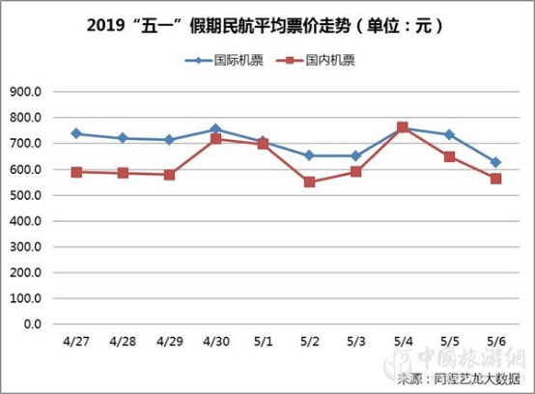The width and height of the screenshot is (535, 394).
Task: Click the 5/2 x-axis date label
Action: tap(309, 342)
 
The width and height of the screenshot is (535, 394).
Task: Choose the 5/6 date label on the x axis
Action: tap(496, 342)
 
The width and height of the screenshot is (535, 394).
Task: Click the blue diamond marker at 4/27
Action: tap(76, 133)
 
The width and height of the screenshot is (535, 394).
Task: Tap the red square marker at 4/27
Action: tap(76, 172)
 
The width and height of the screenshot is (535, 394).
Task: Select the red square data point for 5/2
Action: tap(309, 182)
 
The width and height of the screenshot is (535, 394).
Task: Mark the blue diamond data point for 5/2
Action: tap(309, 155)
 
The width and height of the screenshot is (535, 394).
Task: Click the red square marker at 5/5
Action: tap(449, 156)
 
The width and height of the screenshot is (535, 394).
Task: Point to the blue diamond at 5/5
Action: tap(449, 134)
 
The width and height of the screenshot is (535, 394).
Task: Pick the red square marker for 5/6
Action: tap(496, 179)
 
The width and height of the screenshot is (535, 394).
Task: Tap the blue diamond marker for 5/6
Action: tap(496, 162)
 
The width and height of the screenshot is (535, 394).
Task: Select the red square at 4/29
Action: tap(169, 175)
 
